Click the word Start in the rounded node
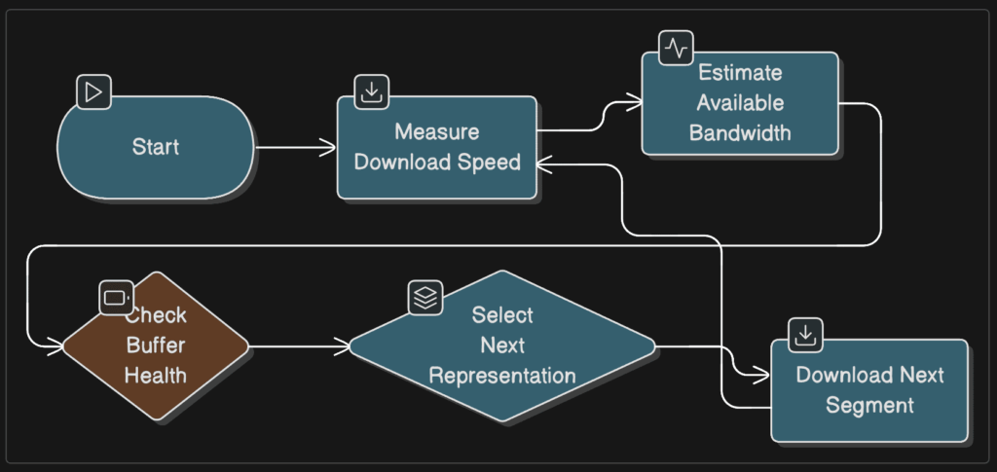pyautogui.click(x=156, y=148)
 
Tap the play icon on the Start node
pyautogui.click(x=93, y=92)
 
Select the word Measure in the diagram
pyautogui.click(x=436, y=132)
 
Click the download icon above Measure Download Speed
pyautogui.click(x=371, y=91)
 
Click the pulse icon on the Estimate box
pyautogui.click(x=676, y=47)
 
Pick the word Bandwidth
pyautogui.click(x=739, y=132)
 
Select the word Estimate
pyautogui.click(x=739, y=73)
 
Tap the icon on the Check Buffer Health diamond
pyautogui.click(x=116, y=297)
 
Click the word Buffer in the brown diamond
pyautogui.click(x=156, y=345)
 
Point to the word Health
pyautogui.click(x=156, y=375)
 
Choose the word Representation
pyautogui.click(x=502, y=375)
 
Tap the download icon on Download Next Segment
pyautogui.click(x=805, y=335)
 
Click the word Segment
pyautogui.click(x=869, y=405)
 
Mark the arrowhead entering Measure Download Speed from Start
pyautogui.click(x=328, y=148)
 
